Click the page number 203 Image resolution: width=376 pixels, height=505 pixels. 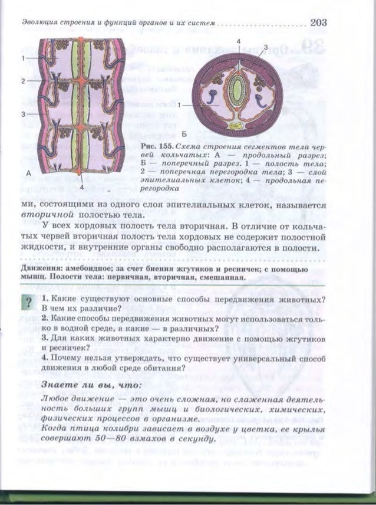[317, 23]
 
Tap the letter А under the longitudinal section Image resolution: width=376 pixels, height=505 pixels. [28, 172]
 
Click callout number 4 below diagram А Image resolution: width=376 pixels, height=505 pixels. [83, 187]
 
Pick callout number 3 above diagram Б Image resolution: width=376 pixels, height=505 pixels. [266, 46]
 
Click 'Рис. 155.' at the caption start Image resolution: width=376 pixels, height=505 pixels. [156, 145]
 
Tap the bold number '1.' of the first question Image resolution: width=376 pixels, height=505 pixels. [45, 299]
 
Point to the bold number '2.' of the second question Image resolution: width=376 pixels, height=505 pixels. [45, 319]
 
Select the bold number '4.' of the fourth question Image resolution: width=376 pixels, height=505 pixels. [45, 358]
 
